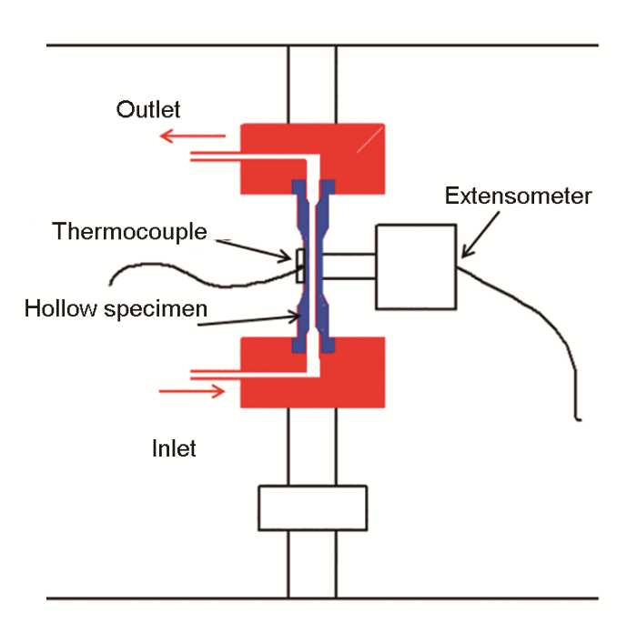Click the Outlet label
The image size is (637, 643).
click(x=148, y=110)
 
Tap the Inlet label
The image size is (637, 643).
click(x=174, y=448)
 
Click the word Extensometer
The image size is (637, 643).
click(x=519, y=196)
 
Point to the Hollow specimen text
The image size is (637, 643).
click(x=116, y=308)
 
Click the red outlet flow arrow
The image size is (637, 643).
click(x=192, y=136)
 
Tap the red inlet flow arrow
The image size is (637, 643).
click(x=192, y=391)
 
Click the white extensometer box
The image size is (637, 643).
click(x=416, y=266)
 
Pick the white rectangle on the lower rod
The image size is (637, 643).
click(x=312, y=507)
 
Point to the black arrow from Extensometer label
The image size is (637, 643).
click(x=479, y=232)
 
